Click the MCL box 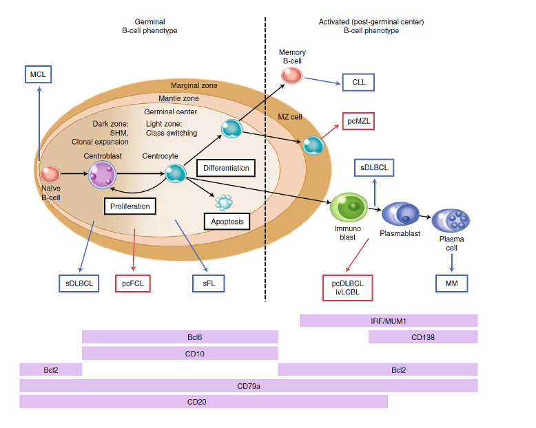click(x=39, y=74)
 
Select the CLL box click(x=358, y=83)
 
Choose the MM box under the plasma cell click(x=451, y=282)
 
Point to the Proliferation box click(x=130, y=206)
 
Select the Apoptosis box click(x=227, y=222)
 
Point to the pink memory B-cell click(x=292, y=75)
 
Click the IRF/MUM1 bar click(x=389, y=321)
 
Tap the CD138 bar click(x=423, y=337)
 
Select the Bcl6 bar click(x=180, y=337)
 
